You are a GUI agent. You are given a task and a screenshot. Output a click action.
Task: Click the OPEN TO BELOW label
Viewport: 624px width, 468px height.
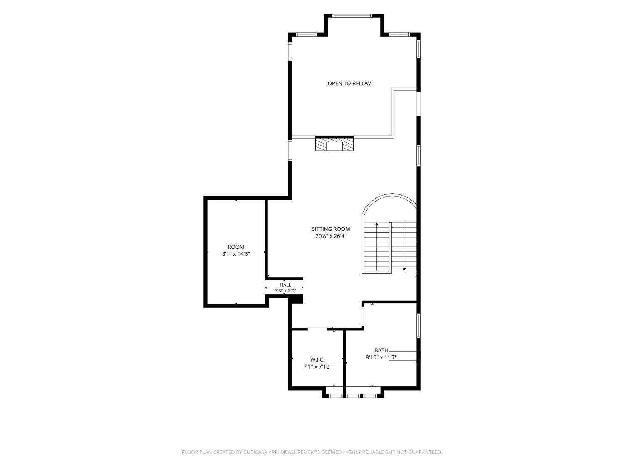click(x=349, y=84)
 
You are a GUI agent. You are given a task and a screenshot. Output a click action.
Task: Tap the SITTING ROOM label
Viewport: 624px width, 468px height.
click(x=331, y=229)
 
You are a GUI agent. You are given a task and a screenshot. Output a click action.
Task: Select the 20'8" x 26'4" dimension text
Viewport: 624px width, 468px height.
click(x=331, y=236)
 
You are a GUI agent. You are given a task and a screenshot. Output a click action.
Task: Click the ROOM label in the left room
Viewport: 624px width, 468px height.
click(x=236, y=247)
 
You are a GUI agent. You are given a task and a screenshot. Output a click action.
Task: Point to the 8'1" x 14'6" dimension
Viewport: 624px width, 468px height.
click(x=236, y=254)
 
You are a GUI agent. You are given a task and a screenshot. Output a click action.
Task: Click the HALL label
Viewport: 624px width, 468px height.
click(x=285, y=285)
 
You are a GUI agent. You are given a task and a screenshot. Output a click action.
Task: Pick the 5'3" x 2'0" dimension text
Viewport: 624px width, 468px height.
click(x=285, y=291)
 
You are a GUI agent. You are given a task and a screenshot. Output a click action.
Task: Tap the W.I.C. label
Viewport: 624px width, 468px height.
click(x=317, y=360)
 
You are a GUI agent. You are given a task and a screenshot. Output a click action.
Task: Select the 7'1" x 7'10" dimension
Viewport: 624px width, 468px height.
click(x=317, y=367)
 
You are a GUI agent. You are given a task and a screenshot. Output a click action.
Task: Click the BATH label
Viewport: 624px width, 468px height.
click(x=381, y=350)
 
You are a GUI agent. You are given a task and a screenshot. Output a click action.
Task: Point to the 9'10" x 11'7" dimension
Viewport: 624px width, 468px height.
click(x=381, y=357)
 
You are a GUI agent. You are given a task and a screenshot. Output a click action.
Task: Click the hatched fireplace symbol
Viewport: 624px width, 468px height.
click(x=334, y=144)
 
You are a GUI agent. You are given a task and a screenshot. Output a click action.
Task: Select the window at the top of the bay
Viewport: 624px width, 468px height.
click(x=352, y=16)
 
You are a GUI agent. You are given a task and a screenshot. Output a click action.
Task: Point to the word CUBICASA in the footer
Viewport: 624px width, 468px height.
click(x=255, y=452)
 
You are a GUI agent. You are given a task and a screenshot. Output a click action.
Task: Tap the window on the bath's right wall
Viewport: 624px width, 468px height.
click(x=418, y=325)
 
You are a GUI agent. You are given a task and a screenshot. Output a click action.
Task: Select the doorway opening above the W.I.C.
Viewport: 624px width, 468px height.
click(x=317, y=329)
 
